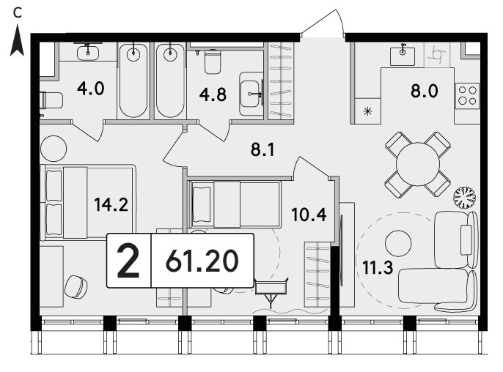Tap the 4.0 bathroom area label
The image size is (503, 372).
[91, 89]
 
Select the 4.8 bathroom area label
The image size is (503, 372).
[213, 95]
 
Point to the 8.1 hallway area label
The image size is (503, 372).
[262, 149]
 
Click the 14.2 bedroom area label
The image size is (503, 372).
[111, 204]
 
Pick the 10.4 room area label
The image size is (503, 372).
[309, 215]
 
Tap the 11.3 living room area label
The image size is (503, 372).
[378, 267]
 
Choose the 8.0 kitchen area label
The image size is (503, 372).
[424, 91]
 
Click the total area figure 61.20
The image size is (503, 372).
[202, 261]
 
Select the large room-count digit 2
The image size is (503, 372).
[128, 261]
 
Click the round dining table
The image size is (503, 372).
[418, 164]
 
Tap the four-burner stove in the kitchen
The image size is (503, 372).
[467, 96]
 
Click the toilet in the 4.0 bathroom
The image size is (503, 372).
[51, 100]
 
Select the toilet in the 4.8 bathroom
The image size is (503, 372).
[213, 62]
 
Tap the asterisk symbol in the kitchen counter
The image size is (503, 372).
[367, 111]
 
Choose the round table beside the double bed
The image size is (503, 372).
[54, 149]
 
